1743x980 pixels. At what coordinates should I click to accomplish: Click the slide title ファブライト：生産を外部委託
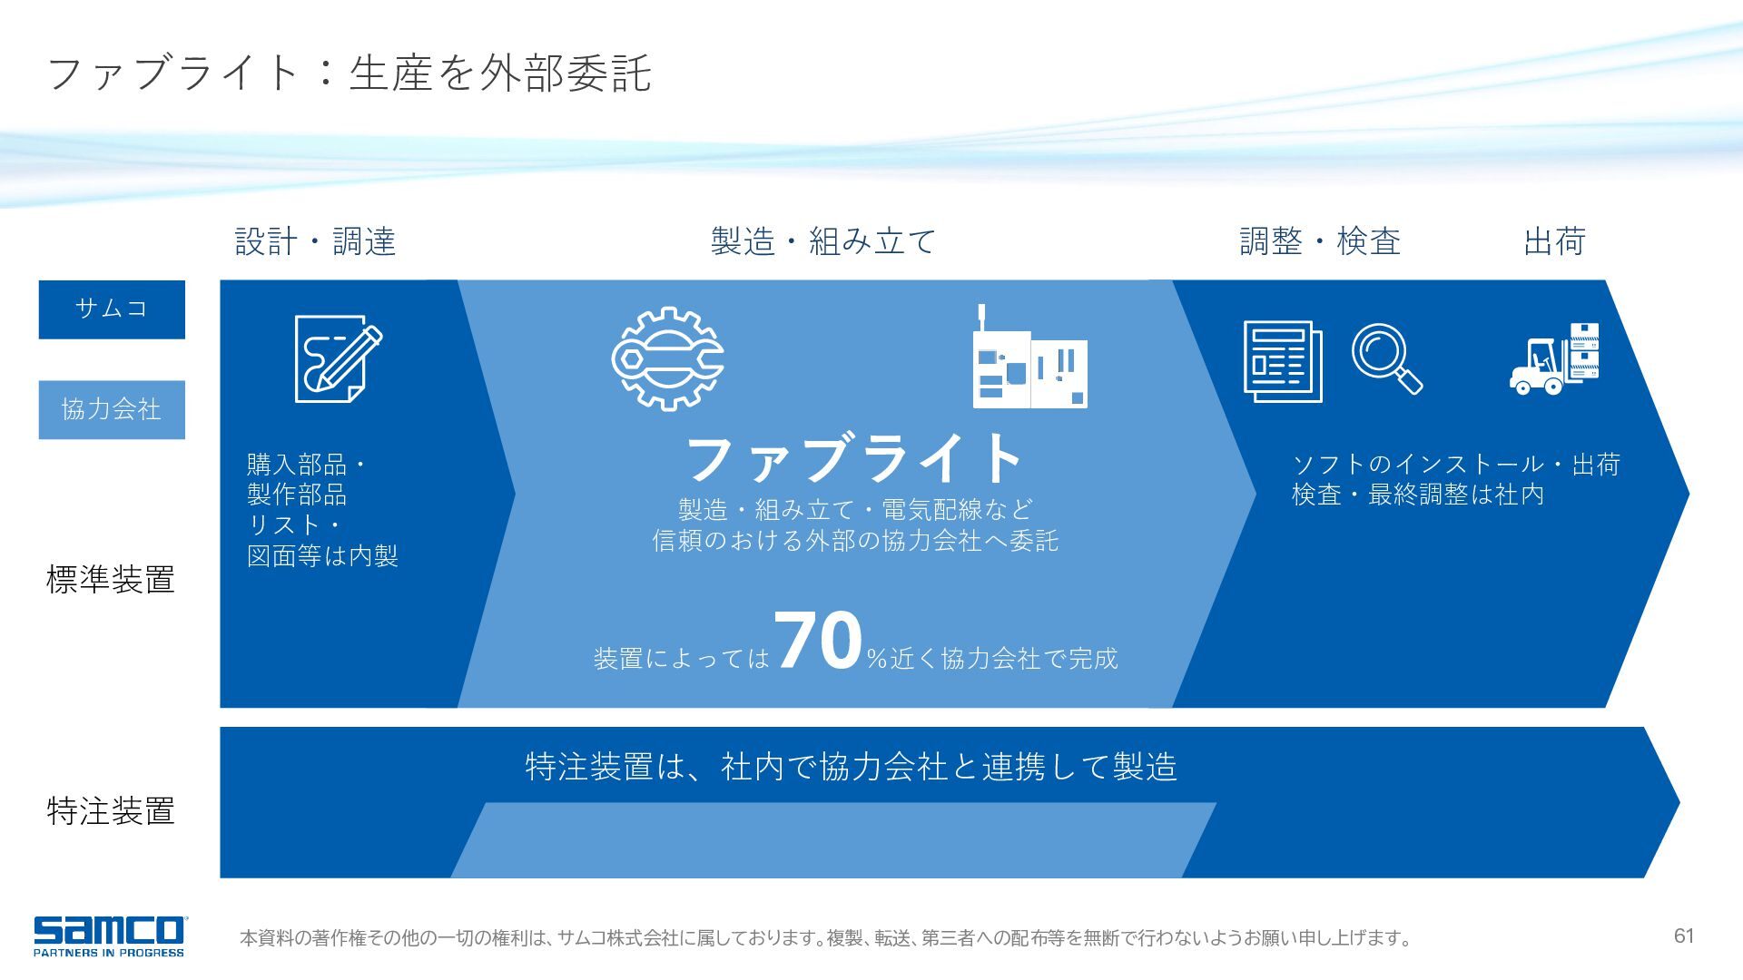pos(349,73)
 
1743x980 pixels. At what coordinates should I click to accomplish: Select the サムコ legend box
pos(112,309)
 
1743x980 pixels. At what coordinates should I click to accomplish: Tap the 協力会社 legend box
pos(112,409)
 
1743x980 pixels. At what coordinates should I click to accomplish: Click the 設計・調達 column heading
pos(315,241)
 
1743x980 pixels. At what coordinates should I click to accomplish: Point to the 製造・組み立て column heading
pos(822,241)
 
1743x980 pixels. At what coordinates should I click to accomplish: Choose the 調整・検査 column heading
pos(1320,241)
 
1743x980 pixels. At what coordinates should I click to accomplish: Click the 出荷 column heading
pos(1554,241)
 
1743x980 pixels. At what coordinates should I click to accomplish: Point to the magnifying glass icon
pos(1386,359)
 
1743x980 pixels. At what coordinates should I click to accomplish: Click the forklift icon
pos(1554,358)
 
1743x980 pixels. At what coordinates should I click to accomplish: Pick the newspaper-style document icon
pos(1283,361)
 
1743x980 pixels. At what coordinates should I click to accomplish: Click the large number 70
pos(818,640)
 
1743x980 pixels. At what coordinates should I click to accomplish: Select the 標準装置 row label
pos(111,579)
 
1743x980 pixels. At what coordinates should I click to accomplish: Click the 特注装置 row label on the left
pos(111,810)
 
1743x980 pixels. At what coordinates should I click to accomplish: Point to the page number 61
pos(1684,936)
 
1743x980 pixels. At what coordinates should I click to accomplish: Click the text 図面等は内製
pos(322,555)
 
